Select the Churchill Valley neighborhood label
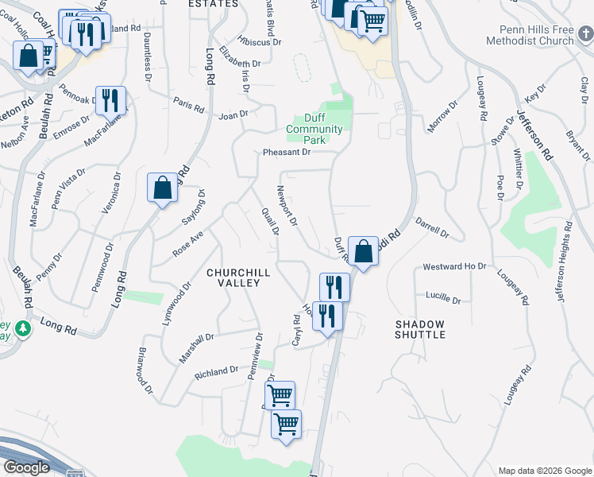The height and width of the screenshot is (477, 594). click(238, 277)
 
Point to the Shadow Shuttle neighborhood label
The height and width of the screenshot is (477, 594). click(419, 329)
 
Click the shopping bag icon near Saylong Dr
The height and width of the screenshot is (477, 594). click(162, 189)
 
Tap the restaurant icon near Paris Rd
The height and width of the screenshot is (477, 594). click(110, 100)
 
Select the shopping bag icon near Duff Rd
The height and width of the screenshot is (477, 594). click(362, 252)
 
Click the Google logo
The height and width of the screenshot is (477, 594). click(26, 467)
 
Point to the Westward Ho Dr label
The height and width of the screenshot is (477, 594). click(454, 266)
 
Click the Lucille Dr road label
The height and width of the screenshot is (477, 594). click(444, 297)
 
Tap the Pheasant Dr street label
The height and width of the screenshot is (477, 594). click(287, 153)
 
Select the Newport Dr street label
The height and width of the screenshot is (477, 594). click(286, 205)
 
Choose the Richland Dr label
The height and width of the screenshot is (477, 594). click(217, 371)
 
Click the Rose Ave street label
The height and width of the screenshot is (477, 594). click(189, 245)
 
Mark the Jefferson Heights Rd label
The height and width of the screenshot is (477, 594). click(565, 262)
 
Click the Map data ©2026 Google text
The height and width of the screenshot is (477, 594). click(545, 471)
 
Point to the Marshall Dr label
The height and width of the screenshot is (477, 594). click(196, 348)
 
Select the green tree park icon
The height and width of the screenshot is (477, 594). click(24, 328)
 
